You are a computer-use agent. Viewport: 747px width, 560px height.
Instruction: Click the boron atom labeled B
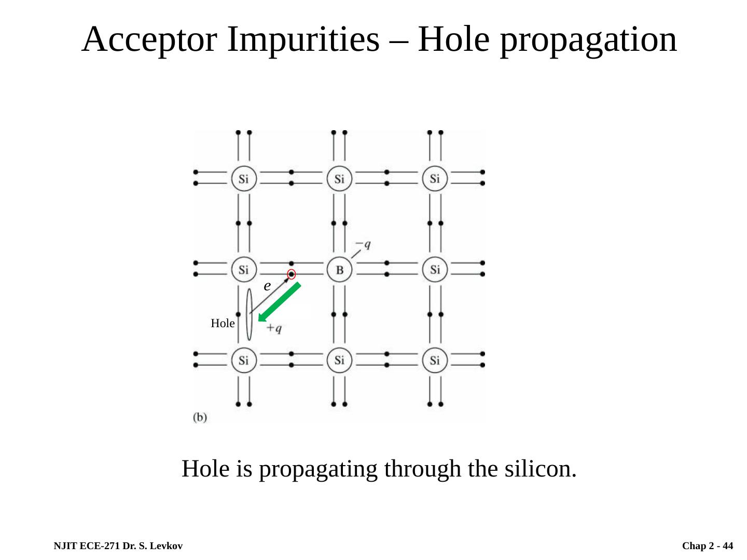(339, 270)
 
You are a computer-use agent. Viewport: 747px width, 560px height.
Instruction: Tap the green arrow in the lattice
(279, 303)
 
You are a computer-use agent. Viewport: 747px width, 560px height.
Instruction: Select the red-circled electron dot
(292, 274)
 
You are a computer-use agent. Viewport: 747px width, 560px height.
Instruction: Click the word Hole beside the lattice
(223, 324)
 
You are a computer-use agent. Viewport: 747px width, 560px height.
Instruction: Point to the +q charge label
(274, 328)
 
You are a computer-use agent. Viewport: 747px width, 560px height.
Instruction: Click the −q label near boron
(363, 244)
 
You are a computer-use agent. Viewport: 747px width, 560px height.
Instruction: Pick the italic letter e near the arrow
(267, 286)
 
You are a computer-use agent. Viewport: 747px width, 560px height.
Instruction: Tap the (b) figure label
(200, 417)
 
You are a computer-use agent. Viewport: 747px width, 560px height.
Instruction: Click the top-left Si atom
(243, 179)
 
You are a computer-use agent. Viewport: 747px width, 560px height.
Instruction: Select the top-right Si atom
(435, 179)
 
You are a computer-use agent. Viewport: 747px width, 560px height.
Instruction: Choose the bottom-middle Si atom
(339, 360)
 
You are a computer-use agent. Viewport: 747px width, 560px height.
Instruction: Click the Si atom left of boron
(243, 270)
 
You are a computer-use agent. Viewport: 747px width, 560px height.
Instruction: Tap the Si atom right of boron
(435, 270)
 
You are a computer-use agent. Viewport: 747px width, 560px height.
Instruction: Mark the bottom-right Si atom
(435, 360)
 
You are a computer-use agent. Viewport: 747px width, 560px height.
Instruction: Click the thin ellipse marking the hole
(249, 314)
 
